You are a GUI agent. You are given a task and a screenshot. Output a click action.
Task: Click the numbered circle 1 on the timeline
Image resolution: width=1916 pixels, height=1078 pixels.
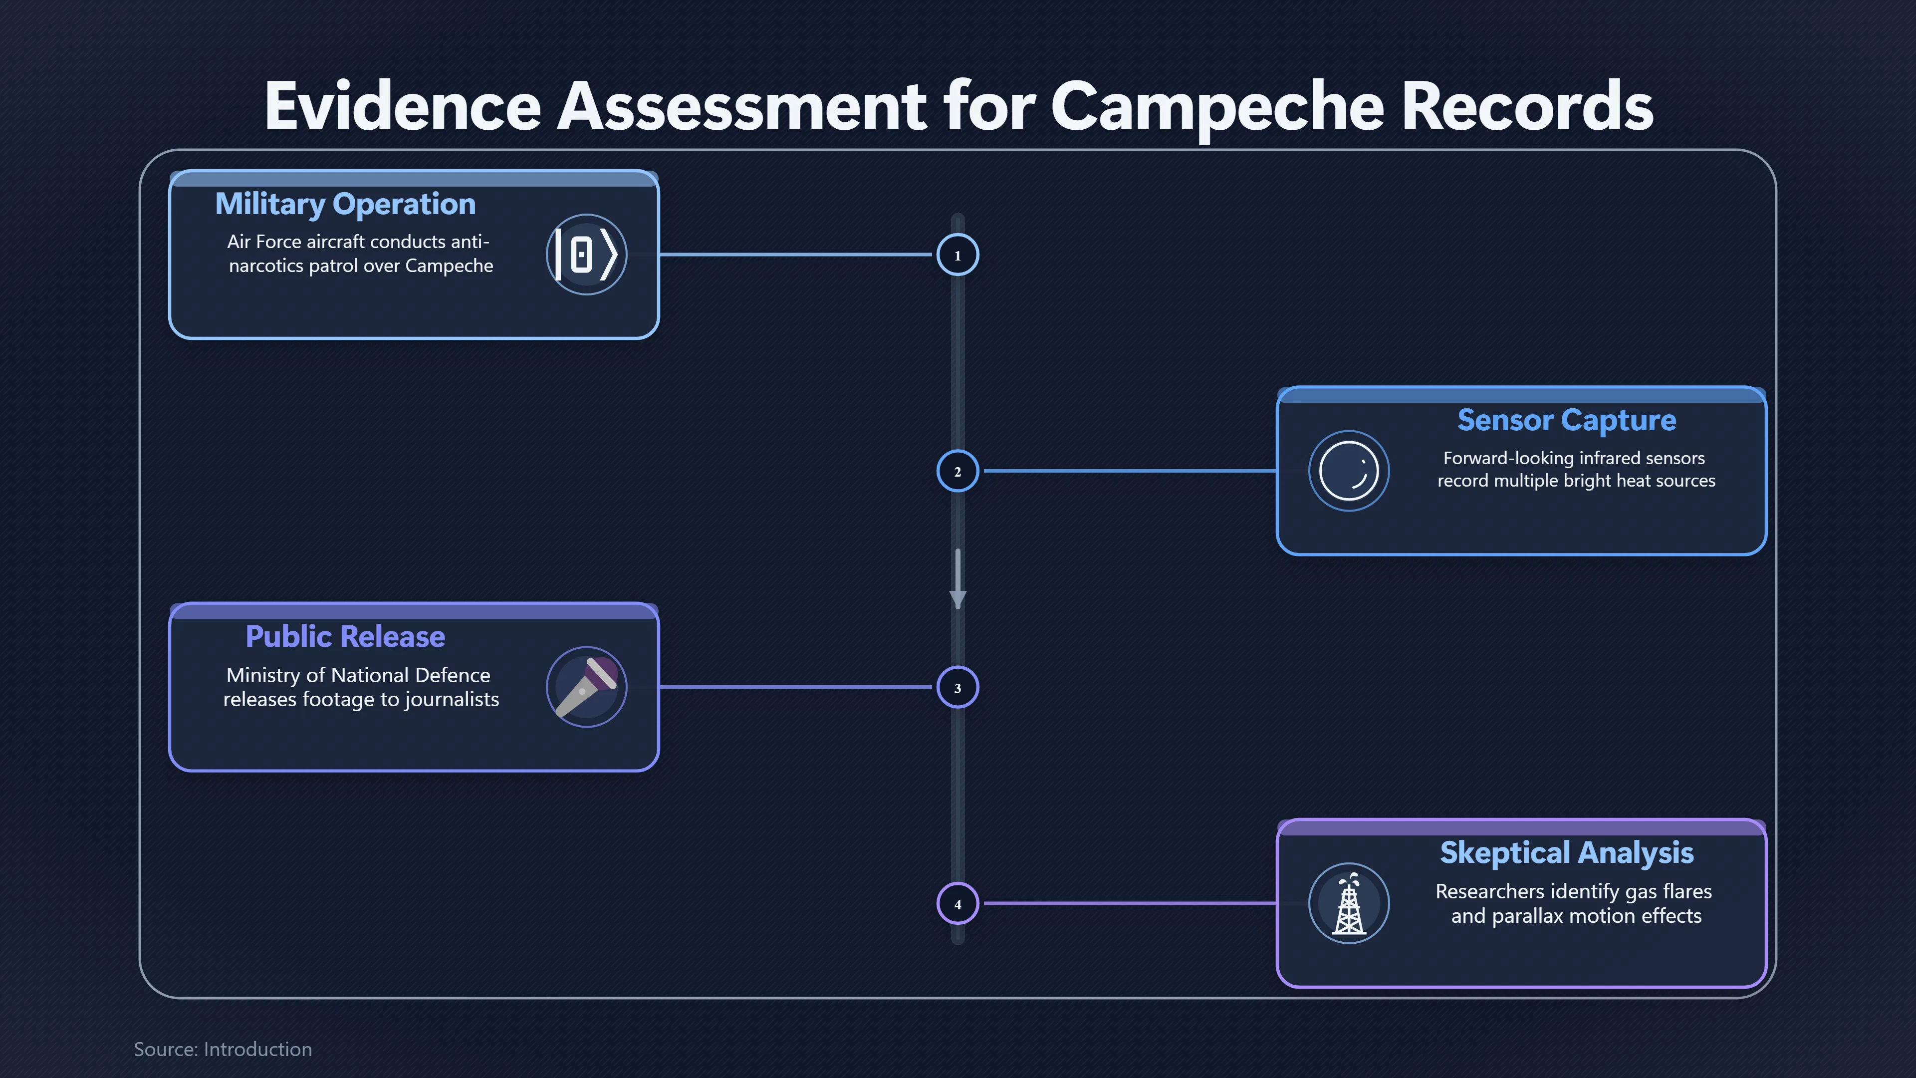pos(958,255)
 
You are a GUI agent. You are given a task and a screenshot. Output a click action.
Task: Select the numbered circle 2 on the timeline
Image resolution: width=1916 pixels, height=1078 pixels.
pos(958,471)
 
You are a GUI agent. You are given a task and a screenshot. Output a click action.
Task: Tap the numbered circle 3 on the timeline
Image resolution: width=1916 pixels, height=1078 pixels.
pos(958,687)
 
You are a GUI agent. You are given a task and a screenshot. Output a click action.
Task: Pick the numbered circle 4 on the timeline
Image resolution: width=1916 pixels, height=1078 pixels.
pos(958,904)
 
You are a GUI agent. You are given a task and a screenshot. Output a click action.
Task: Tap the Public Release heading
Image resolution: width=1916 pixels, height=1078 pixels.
pos(345,637)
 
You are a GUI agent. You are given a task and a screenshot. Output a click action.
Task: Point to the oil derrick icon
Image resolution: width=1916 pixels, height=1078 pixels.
pos(1349,903)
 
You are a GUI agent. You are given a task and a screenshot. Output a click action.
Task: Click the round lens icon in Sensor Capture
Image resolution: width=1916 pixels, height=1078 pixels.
pos(1349,471)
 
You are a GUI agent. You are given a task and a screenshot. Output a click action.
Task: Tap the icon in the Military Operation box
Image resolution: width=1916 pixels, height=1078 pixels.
pos(587,255)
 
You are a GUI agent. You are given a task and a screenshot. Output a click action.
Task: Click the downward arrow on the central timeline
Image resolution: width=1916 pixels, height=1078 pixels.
pos(958,579)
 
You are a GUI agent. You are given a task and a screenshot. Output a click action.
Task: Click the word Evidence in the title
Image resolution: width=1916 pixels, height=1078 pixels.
pos(402,106)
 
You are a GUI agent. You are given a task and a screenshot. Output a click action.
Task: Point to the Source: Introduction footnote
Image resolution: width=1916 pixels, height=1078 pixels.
pos(223,1049)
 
